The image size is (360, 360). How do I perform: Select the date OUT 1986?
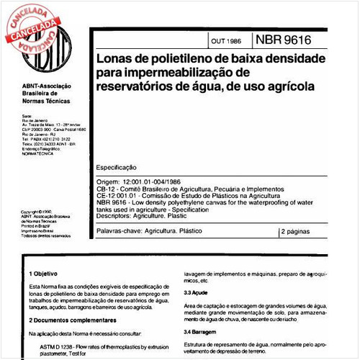pyautogui.click(x=225, y=40)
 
